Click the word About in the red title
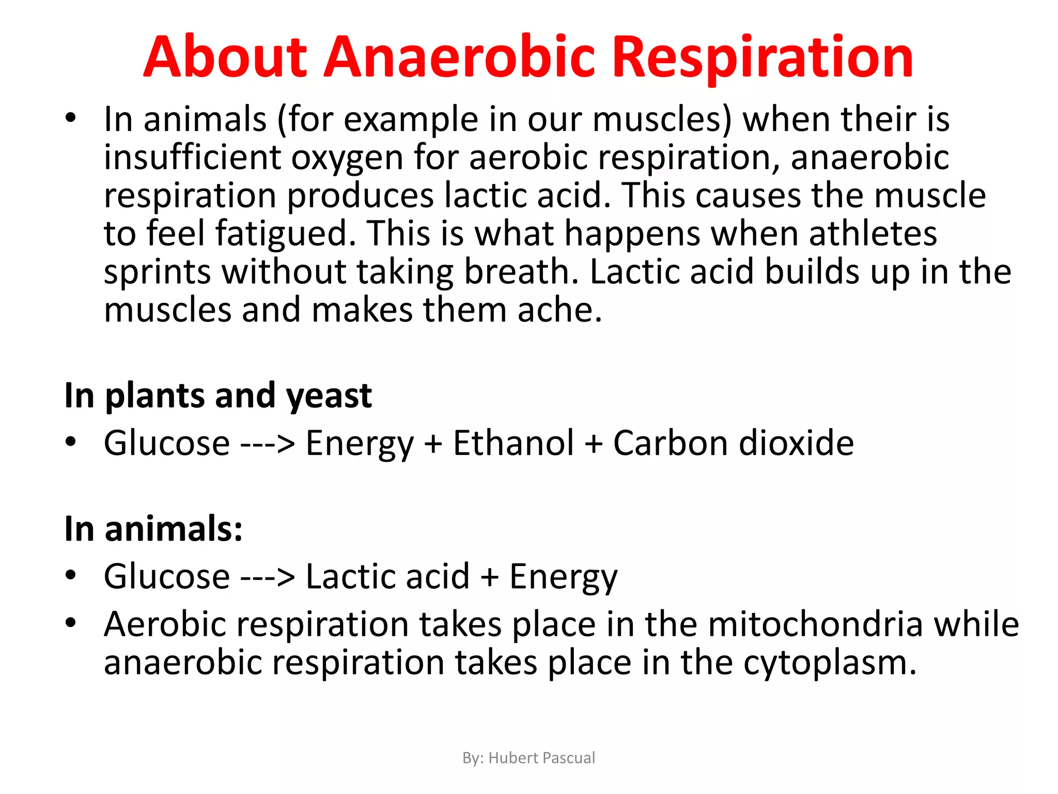225,57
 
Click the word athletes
873,234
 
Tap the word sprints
157,272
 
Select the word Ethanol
513,443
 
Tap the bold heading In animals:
153,529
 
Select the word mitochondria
815,624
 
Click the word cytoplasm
829,663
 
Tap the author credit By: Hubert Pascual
528,758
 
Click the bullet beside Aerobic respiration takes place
71,622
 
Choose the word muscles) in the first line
662,120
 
